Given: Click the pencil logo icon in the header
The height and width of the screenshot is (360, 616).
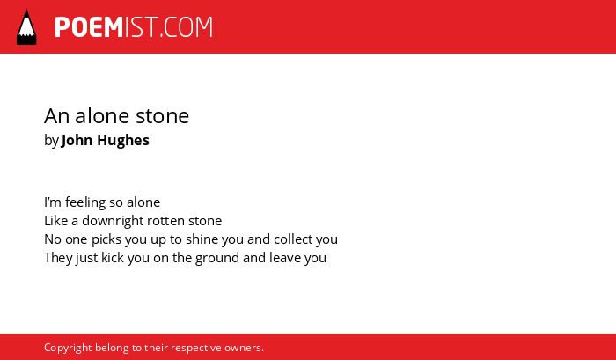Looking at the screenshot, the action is (26, 26).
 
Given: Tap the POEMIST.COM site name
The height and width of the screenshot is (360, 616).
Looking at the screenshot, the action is (134, 27).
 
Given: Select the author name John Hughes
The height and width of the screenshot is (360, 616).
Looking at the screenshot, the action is (106, 140).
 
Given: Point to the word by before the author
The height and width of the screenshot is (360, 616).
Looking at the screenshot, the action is (51, 141).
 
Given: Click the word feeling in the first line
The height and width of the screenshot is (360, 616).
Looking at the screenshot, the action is (85, 202).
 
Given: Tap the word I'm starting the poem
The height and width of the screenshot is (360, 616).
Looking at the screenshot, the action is (53, 202).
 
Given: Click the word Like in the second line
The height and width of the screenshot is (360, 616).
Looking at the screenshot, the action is (56, 221).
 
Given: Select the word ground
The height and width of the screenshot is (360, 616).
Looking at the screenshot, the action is (217, 258).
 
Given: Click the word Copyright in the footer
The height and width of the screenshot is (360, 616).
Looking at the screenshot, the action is (68, 348).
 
